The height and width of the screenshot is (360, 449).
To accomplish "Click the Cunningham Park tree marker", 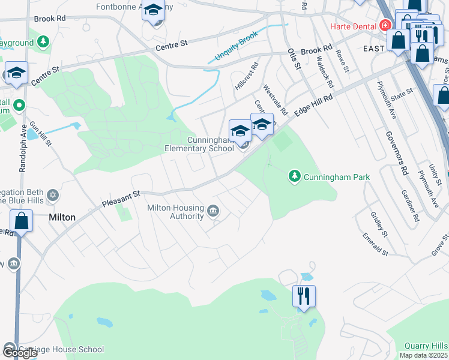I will click(x=294, y=176).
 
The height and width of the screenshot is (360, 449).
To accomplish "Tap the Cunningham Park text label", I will click(x=336, y=177).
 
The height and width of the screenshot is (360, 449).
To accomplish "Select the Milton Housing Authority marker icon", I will click(x=213, y=211).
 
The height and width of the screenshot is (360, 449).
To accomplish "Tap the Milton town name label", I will click(x=62, y=217).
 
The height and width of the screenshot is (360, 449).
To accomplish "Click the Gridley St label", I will click(x=379, y=223).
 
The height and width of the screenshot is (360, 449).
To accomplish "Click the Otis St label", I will click(x=294, y=59).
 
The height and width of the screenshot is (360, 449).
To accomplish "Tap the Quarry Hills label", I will click(x=426, y=346).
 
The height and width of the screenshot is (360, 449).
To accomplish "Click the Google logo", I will click(x=19, y=353).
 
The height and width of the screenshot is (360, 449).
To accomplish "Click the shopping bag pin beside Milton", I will click(x=22, y=221).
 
